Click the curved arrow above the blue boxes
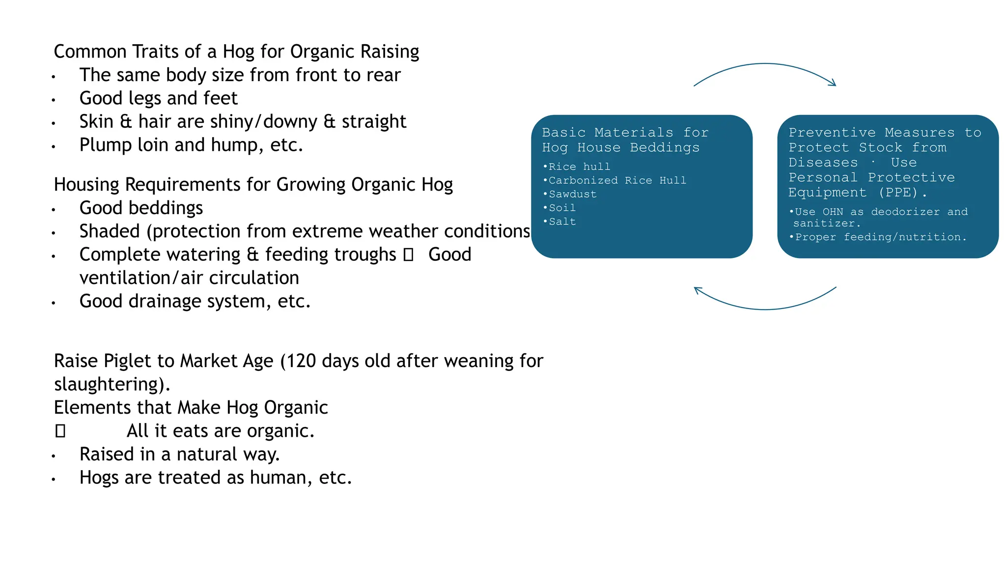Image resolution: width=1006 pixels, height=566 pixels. click(764, 64)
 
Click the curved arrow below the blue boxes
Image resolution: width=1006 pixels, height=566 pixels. click(764, 309)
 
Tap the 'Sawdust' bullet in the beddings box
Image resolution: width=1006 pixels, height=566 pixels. click(572, 194)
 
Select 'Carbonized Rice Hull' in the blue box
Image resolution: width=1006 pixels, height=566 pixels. click(617, 180)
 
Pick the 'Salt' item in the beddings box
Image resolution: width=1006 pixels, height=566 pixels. click(562, 222)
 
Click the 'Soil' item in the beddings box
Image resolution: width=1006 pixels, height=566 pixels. click(562, 208)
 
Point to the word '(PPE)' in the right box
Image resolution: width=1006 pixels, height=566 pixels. click(898, 192)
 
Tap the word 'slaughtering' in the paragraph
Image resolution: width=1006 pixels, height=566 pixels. click(109, 384)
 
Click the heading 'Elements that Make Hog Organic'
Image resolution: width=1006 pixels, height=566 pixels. click(191, 408)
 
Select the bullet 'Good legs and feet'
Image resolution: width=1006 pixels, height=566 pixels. click(158, 98)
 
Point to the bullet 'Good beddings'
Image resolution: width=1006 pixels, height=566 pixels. click(141, 208)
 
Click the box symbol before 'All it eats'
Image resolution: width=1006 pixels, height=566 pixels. click(60, 431)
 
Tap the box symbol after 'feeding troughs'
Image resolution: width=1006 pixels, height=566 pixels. click(408, 255)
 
